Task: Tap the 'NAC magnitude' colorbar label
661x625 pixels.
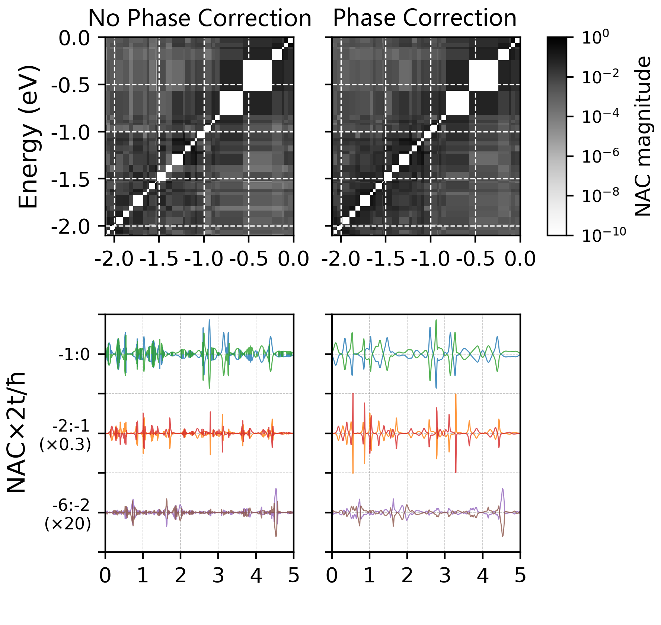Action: (x=643, y=137)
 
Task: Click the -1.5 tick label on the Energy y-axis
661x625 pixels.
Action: (x=70, y=179)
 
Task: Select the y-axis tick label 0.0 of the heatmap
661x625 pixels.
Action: (x=74, y=38)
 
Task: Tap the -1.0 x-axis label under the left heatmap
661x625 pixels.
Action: (x=204, y=259)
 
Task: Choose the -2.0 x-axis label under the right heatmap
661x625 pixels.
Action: (x=341, y=259)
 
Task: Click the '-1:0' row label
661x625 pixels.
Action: (x=74, y=355)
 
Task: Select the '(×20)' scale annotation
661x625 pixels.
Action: (x=68, y=524)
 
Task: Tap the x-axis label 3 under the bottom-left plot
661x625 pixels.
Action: (x=218, y=576)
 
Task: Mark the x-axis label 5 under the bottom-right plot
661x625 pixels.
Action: (x=520, y=576)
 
